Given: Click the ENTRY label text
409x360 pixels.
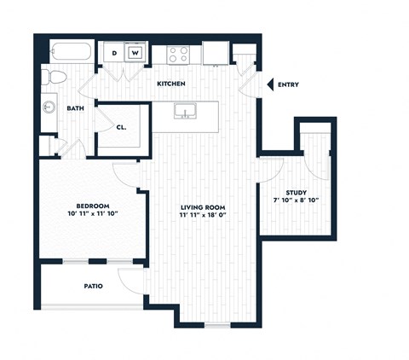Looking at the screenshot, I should [289, 84].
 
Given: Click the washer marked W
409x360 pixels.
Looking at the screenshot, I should [135, 53].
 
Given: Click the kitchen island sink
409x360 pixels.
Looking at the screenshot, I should [183, 112].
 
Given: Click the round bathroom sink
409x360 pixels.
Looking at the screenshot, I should [48, 108].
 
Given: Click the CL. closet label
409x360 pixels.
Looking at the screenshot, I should [122, 128].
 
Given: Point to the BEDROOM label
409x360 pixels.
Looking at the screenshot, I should [91, 206].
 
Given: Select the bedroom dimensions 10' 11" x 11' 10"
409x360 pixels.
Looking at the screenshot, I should [91, 215].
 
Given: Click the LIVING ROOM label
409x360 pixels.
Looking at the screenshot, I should [204, 207].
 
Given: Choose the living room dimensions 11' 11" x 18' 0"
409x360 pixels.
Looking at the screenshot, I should [204, 216].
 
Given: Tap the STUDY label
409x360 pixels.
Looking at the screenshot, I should [297, 193].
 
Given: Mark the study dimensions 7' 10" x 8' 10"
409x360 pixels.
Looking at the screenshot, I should [297, 201].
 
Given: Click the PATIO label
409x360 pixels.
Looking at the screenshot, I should [93, 287].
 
